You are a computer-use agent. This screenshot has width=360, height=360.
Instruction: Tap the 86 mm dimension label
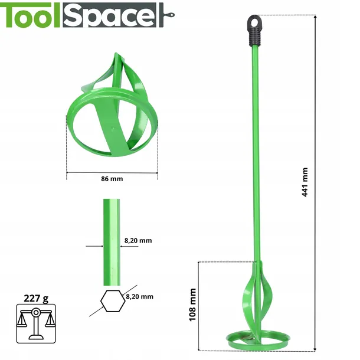(x=112, y=179)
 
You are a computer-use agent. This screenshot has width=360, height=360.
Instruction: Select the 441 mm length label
(x=305, y=182)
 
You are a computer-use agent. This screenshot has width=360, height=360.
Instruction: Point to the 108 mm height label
(x=192, y=304)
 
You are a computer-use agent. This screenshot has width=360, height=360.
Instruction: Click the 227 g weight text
(x=36, y=297)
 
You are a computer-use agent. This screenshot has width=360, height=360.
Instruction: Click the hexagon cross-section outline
(x=109, y=301)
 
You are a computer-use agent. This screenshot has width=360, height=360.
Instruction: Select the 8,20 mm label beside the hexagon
(x=139, y=296)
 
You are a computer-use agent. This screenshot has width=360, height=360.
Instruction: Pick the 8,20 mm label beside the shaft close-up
(x=138, y=240)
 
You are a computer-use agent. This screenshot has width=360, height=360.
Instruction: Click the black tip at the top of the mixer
(x=253, y=27)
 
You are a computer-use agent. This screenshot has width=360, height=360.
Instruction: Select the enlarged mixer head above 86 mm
(x=112, y=112)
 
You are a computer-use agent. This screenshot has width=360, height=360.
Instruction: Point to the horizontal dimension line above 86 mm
(x=112, y=172)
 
